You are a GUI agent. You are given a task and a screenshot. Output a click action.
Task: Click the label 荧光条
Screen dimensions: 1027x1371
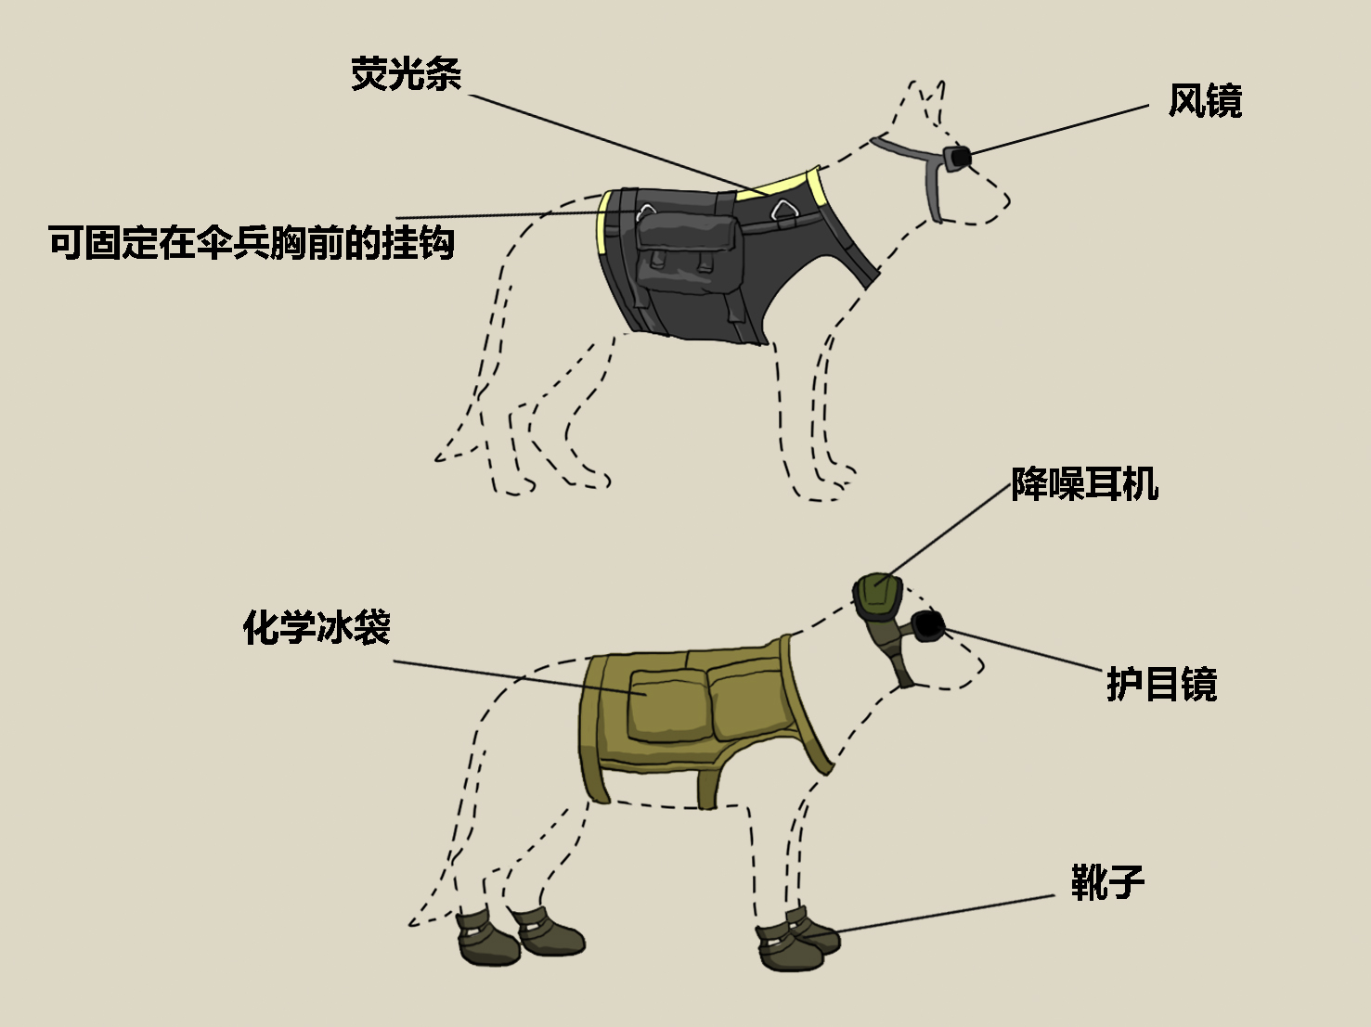[406, 74]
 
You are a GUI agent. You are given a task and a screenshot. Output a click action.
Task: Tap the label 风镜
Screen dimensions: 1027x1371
[1204, 101]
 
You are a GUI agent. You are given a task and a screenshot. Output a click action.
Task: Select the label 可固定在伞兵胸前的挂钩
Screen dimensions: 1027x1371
[252, 243]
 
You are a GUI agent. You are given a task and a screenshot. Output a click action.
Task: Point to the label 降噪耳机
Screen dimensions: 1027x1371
[1084, 483]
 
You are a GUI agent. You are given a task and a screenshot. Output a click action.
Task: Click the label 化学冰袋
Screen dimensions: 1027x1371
[317, 627]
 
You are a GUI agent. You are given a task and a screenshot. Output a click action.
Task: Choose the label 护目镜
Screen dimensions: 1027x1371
[1161, 685]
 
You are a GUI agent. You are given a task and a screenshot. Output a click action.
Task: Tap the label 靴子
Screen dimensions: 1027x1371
[1107, 881]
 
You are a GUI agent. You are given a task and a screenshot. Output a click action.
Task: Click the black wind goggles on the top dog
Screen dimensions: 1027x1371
[956, 157]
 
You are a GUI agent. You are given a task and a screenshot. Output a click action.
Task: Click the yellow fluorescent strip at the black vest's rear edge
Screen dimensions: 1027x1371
[603, 223]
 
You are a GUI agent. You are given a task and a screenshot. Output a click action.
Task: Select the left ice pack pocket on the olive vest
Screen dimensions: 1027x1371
[666, 705]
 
